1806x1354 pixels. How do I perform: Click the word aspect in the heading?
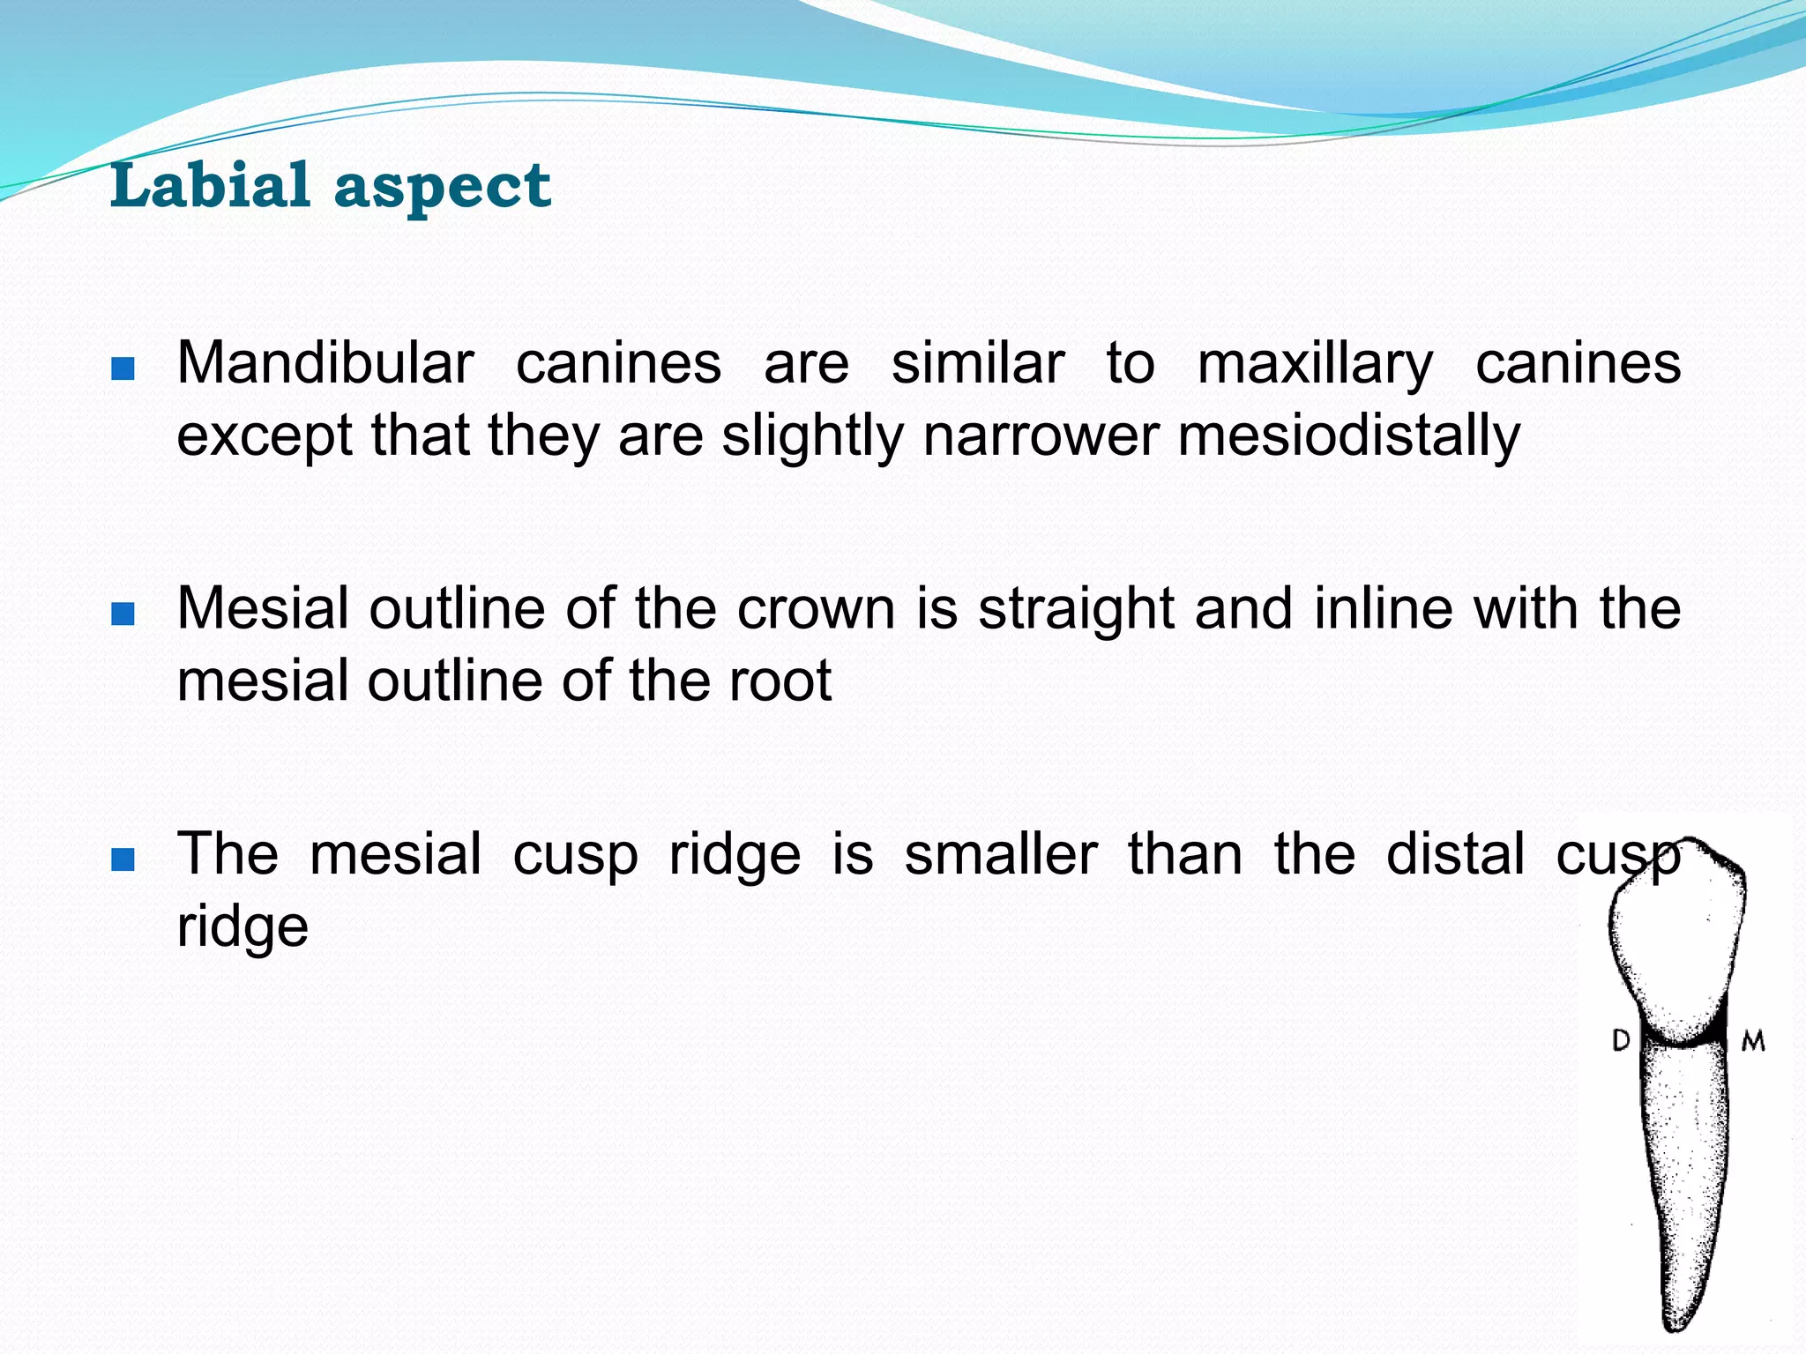pyautogui.click(x=443, y=187)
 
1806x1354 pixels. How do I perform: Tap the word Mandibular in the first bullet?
pyautogui.click(x=325, y=363)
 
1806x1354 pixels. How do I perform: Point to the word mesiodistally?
pyautogui.click(x=1349, y=436)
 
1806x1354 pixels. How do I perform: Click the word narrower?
pyautogui.click(x=1040, y=436)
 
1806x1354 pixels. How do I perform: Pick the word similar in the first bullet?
pyautogui.click(x=978, y=363)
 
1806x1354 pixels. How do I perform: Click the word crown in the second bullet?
pyautogui.click(x=816, y=609)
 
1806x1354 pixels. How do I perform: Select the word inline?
pyautogui.click(x=1383, y=609)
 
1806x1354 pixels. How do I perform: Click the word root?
pyautogui.click(x=780, y=681)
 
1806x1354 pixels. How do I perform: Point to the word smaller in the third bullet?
pyautogui.click(x=1001, y=854)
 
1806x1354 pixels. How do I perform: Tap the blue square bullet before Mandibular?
pyautogui.click(x=123, y=368)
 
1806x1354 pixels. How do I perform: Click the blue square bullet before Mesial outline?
pyautogui.click(x=123, y=614)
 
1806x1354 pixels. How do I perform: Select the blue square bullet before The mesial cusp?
pyautogui.click(x=123, y=859)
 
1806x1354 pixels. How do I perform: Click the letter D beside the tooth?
pyautogui.click(x=1621, y=1041)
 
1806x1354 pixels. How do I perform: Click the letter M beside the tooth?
pyautogui.click(x=1753, y=1042)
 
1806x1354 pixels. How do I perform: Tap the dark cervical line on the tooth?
pyautogui.click(x=1684, y=1044)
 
